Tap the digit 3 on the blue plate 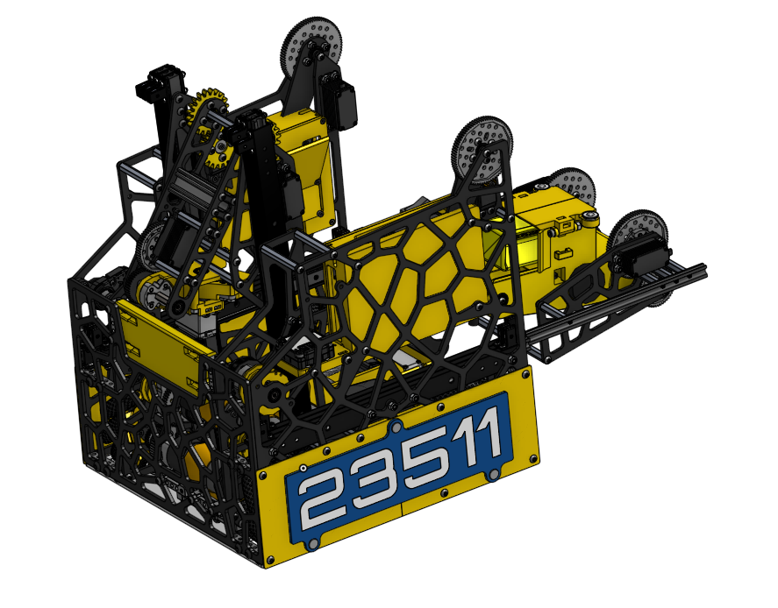(375, 481)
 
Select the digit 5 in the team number (426, 460)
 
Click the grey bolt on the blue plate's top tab (395, 427)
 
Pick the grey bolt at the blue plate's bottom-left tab (311, 544)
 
